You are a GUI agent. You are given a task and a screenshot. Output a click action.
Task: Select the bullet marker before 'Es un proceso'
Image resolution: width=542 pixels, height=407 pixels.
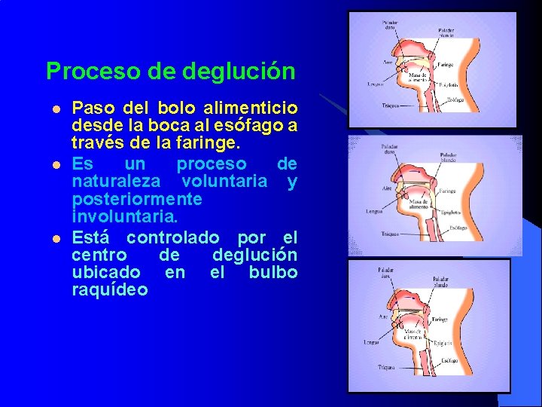click(55, 164)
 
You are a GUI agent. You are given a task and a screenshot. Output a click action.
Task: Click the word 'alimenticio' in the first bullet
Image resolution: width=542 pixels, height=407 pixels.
click(257, 108)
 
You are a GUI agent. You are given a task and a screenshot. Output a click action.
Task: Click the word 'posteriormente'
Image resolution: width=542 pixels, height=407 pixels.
click(137, 199)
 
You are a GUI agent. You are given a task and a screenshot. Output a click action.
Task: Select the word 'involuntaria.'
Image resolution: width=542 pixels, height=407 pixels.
click(125, 217)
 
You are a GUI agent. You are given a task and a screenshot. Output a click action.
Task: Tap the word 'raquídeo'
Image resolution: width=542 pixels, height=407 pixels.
click(110, 290)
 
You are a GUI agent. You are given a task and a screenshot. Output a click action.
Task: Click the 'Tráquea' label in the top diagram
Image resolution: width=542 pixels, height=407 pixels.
click(389, 104)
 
